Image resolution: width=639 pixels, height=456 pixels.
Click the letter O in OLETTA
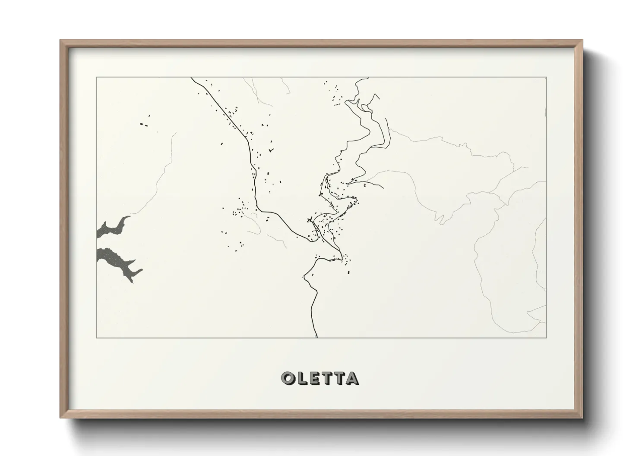click(288, 378)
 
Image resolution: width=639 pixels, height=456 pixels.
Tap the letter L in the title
click(301, 378)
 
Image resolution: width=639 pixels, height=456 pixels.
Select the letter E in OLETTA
click(314, 378)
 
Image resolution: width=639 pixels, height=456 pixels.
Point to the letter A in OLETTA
click(351, 378)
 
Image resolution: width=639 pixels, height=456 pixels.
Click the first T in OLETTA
click(326, 378)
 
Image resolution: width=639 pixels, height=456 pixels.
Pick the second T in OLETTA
click(338, 378)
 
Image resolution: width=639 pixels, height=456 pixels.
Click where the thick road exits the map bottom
click(316, 336)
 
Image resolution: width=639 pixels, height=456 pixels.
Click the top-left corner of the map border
click(96, 78)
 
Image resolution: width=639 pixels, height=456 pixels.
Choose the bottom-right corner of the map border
click(546, 337)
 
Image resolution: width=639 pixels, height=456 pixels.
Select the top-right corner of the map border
click(546, 78)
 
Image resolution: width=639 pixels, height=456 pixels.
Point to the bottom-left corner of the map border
click(96, 337)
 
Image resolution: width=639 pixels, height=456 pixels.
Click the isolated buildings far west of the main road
click(143, 125)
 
